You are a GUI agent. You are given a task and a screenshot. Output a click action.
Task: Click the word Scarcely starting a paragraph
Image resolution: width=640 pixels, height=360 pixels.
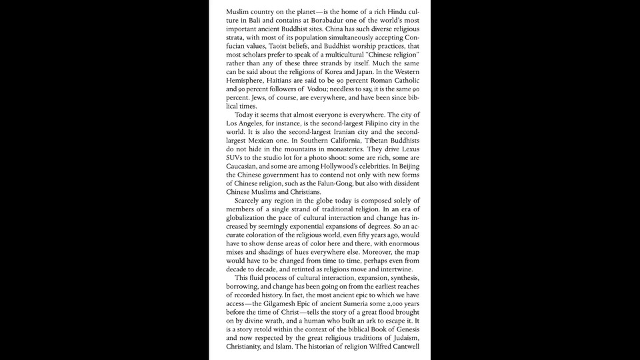[251, 201]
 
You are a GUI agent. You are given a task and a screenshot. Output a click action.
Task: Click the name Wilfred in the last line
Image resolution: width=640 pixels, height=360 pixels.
[370, 347]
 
